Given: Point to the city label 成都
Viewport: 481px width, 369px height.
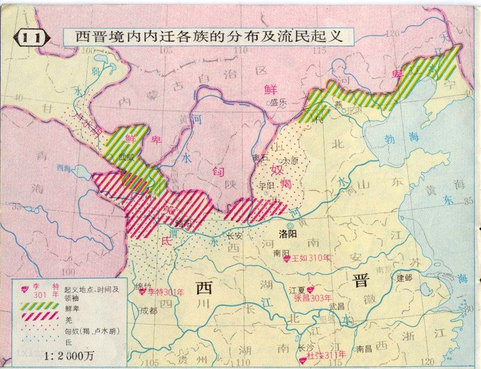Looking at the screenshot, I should coord(148,310).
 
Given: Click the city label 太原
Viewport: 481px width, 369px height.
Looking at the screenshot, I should coord(289,161).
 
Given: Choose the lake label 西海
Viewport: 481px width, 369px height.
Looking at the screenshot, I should coord(64,169).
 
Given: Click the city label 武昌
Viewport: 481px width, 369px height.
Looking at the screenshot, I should coord(337,307).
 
